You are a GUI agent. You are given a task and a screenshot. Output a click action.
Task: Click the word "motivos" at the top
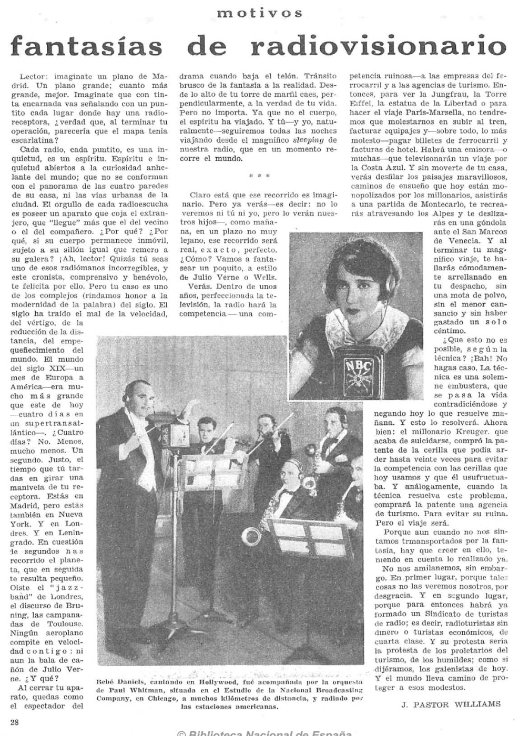(x=260, y=13)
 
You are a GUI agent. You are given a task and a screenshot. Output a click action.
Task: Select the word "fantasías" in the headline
(x=87, y=47)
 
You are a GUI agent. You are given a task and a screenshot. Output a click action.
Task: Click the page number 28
(x=14, y=722)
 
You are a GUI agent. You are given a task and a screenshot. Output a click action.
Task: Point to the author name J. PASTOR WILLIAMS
(x=451, y=704)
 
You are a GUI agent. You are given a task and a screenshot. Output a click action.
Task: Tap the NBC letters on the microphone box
(x=358, y=367)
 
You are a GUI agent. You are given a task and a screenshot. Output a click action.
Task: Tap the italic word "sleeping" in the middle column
(x=309, y=140)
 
